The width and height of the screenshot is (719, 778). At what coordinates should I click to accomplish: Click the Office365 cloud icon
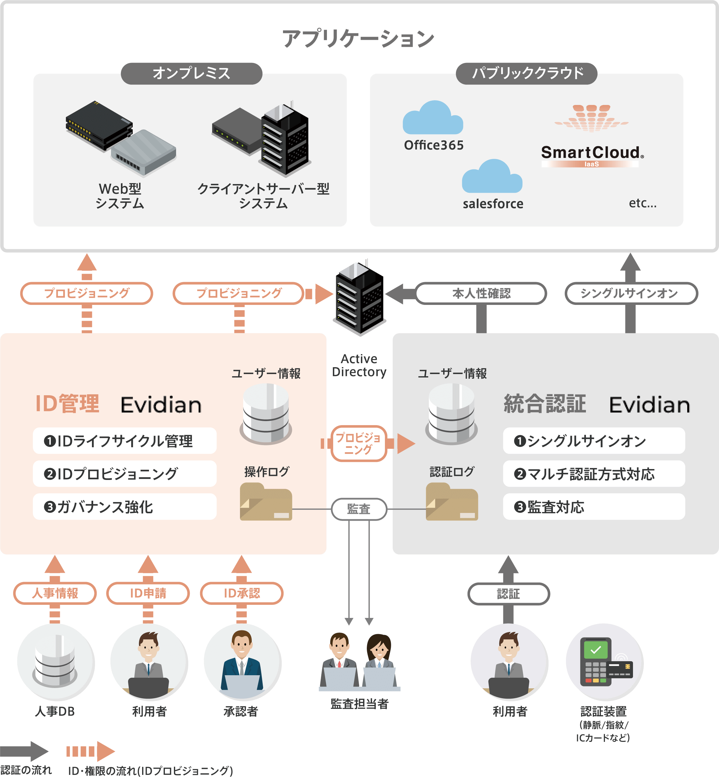pyautogui.click(x=433, y=119)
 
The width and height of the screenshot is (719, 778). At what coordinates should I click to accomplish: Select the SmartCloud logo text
pyautogui.click(x=592, y=152)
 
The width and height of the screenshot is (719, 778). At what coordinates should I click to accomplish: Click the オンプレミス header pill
pyautogui.click(x=191, y=74)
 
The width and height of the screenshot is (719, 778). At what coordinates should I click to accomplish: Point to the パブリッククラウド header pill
pyautogui.click(x=526, y=74)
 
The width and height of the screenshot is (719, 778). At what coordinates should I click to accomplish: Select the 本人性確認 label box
pyautogui.click(x=481, y=294)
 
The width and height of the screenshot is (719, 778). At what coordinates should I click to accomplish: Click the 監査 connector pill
pyautogui.click(x=359, y=509)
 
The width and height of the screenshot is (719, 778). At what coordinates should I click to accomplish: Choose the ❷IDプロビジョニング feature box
pyautogui.click(x=124, y=474)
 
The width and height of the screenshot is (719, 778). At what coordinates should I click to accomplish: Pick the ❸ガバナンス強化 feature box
pyautogui.click(x=124, y=507)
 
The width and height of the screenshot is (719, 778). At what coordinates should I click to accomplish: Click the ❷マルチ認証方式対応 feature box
pyautogui.click(x=593, y=474)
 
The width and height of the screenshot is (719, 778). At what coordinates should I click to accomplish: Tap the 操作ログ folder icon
pyautogui.click(x=266, y=501)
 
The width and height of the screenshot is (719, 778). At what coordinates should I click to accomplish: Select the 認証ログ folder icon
pyautogui.click(x=451, y=501)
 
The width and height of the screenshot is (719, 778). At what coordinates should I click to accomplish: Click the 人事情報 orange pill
pyautogui.click(x=55, y=593)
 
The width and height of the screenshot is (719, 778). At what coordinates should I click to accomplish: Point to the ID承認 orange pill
pyautogui.click(x=241, y=593)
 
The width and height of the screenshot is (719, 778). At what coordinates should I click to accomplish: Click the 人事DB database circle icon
pyautogui.click(x=55, y=661)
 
